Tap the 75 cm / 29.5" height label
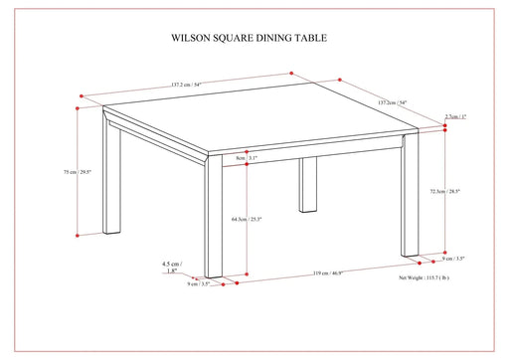[78, 172]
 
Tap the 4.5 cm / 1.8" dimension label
[174, 266]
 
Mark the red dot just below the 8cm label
[246, 166]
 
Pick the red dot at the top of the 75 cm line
[79, 99]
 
